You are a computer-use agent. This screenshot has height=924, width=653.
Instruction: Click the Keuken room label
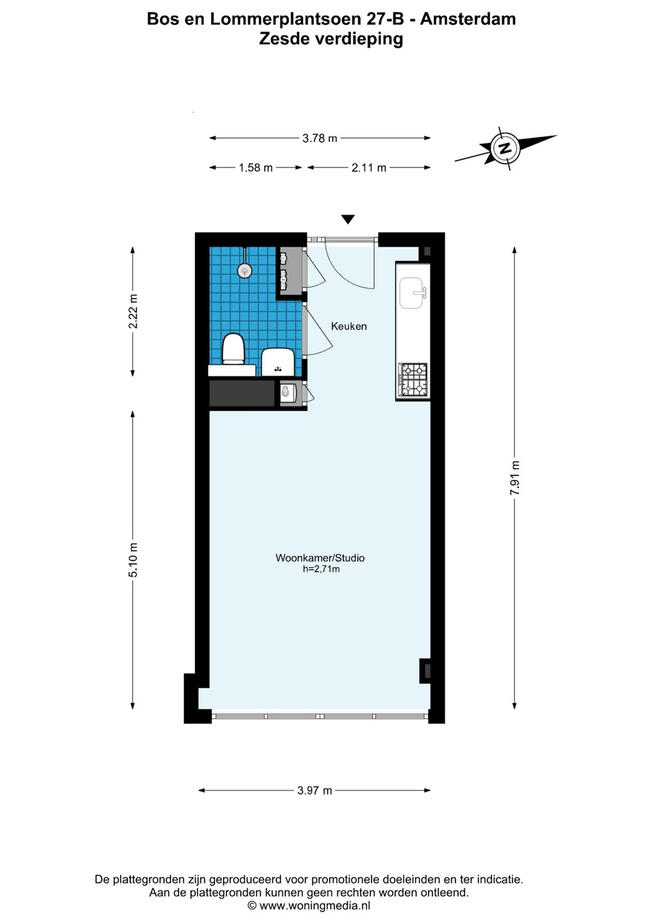pyautogui.click(x=349, y=326)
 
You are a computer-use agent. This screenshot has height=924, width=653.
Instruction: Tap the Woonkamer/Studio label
pyautogui.click(x=320, y=558)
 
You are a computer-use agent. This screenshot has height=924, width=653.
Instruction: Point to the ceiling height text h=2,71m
pyautogui.click(x=321, y=570)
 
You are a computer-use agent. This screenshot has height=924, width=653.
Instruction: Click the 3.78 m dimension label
pyautogui.click(x=320, y=138)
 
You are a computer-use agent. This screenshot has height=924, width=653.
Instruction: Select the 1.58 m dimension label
pyautogui.click(x=255, y=167)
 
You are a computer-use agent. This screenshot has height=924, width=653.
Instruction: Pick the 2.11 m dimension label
pyautogui.click(x=369, y=167)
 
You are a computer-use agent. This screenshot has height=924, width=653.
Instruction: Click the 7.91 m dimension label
pyautogui.click(x=514, y=478)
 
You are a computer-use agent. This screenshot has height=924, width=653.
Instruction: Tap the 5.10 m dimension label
pyautogui.click(x=133, y=560)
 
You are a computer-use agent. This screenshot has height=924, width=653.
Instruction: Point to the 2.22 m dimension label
pyautogui.click(x=133, y=311)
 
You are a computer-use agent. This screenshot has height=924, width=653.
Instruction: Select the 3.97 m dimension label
pyautogui.click(x=314, y=791)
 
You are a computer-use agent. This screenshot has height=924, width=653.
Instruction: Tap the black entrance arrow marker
pyautogui.click(x=348, y=219)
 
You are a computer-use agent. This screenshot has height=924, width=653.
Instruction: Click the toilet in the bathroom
pyautogui.click(x=233, y=349)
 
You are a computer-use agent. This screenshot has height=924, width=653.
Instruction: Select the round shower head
pyautogui.click(x=244, y=270)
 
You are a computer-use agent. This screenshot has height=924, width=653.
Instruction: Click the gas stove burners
pyautogui.click(x=412, y=379)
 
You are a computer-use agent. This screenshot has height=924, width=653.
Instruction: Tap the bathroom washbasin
pyautogui.click(x=278, y=363)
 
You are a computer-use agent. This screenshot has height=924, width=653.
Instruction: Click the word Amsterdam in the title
pyautogui.click(x=468, y=19)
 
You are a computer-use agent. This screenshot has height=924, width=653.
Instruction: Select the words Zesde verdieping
pyautogui.click(x=330, y=40)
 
